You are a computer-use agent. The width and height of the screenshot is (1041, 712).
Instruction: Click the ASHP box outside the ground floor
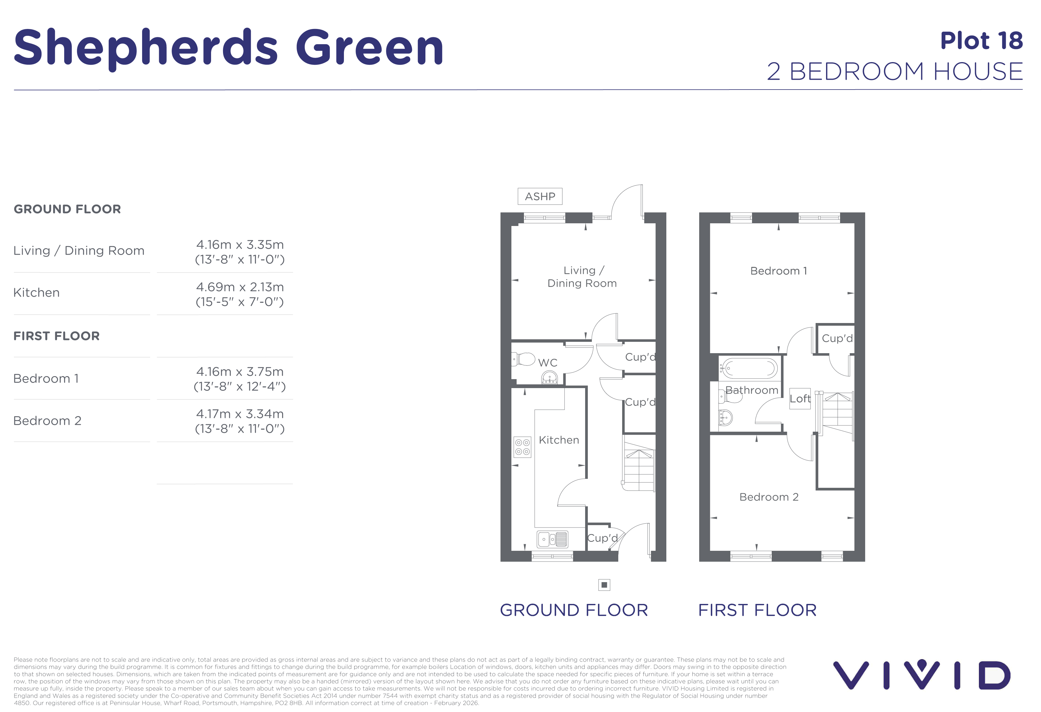coord(540,196)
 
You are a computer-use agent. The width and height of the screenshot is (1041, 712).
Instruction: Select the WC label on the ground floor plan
coord(548,363)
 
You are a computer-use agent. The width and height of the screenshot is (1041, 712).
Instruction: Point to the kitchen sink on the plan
coord(552,539)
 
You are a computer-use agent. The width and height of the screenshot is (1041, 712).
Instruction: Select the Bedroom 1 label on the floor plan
coord(779,271)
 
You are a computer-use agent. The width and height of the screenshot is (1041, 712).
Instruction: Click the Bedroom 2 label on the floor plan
coord(769,497)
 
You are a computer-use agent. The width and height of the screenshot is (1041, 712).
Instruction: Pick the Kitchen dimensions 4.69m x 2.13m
coord(240,294)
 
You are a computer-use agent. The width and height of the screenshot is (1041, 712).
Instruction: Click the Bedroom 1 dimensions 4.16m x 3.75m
coord(240,379)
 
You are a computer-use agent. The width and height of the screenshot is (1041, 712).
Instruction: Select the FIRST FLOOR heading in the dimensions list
coord(56,336)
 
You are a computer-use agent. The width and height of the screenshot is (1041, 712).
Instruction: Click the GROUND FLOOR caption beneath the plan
coord(574,610)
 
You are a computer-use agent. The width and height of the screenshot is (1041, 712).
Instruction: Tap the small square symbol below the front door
coord(604,585)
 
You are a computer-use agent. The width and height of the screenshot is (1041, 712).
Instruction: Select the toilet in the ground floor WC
coord(523,359)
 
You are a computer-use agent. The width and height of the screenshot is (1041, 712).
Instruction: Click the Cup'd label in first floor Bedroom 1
coord(837,339)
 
